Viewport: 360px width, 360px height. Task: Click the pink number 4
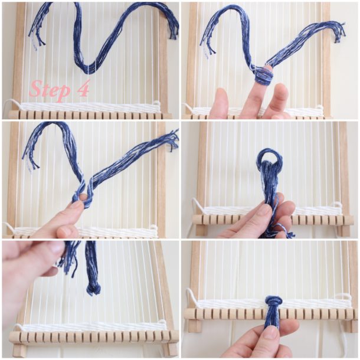point(83,90)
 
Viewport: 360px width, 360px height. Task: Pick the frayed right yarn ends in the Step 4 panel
point(172,24)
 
